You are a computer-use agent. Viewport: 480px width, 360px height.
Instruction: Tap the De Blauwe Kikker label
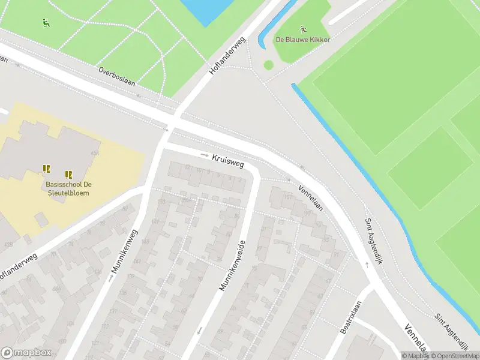point(303,40)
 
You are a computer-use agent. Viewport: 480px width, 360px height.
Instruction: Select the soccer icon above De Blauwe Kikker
point(304,29)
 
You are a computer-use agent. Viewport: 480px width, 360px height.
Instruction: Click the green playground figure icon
point(45,23)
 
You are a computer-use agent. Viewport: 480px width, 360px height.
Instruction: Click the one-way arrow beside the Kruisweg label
point(204,155)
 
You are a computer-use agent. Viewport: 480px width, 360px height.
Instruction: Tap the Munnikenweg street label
point(124,252)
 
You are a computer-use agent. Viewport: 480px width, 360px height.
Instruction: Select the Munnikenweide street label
point(232,266)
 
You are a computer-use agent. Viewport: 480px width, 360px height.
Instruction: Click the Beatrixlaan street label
point(351,317)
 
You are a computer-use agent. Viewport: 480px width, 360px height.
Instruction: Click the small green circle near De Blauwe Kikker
point(268,65)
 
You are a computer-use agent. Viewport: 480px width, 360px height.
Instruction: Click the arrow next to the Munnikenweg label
point(110,278)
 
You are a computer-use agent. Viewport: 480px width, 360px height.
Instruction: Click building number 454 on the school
point(94,154)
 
